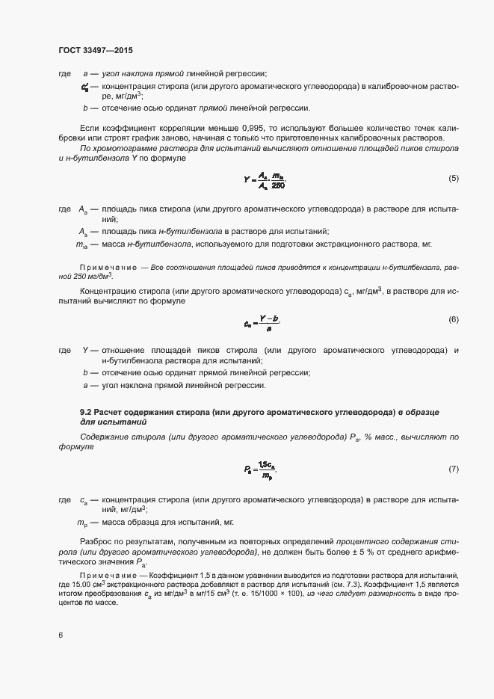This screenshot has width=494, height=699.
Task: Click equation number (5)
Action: (453, 178)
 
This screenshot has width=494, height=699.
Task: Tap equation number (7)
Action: (453, 469)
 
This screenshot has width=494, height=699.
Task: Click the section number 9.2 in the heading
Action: (87, 412)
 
